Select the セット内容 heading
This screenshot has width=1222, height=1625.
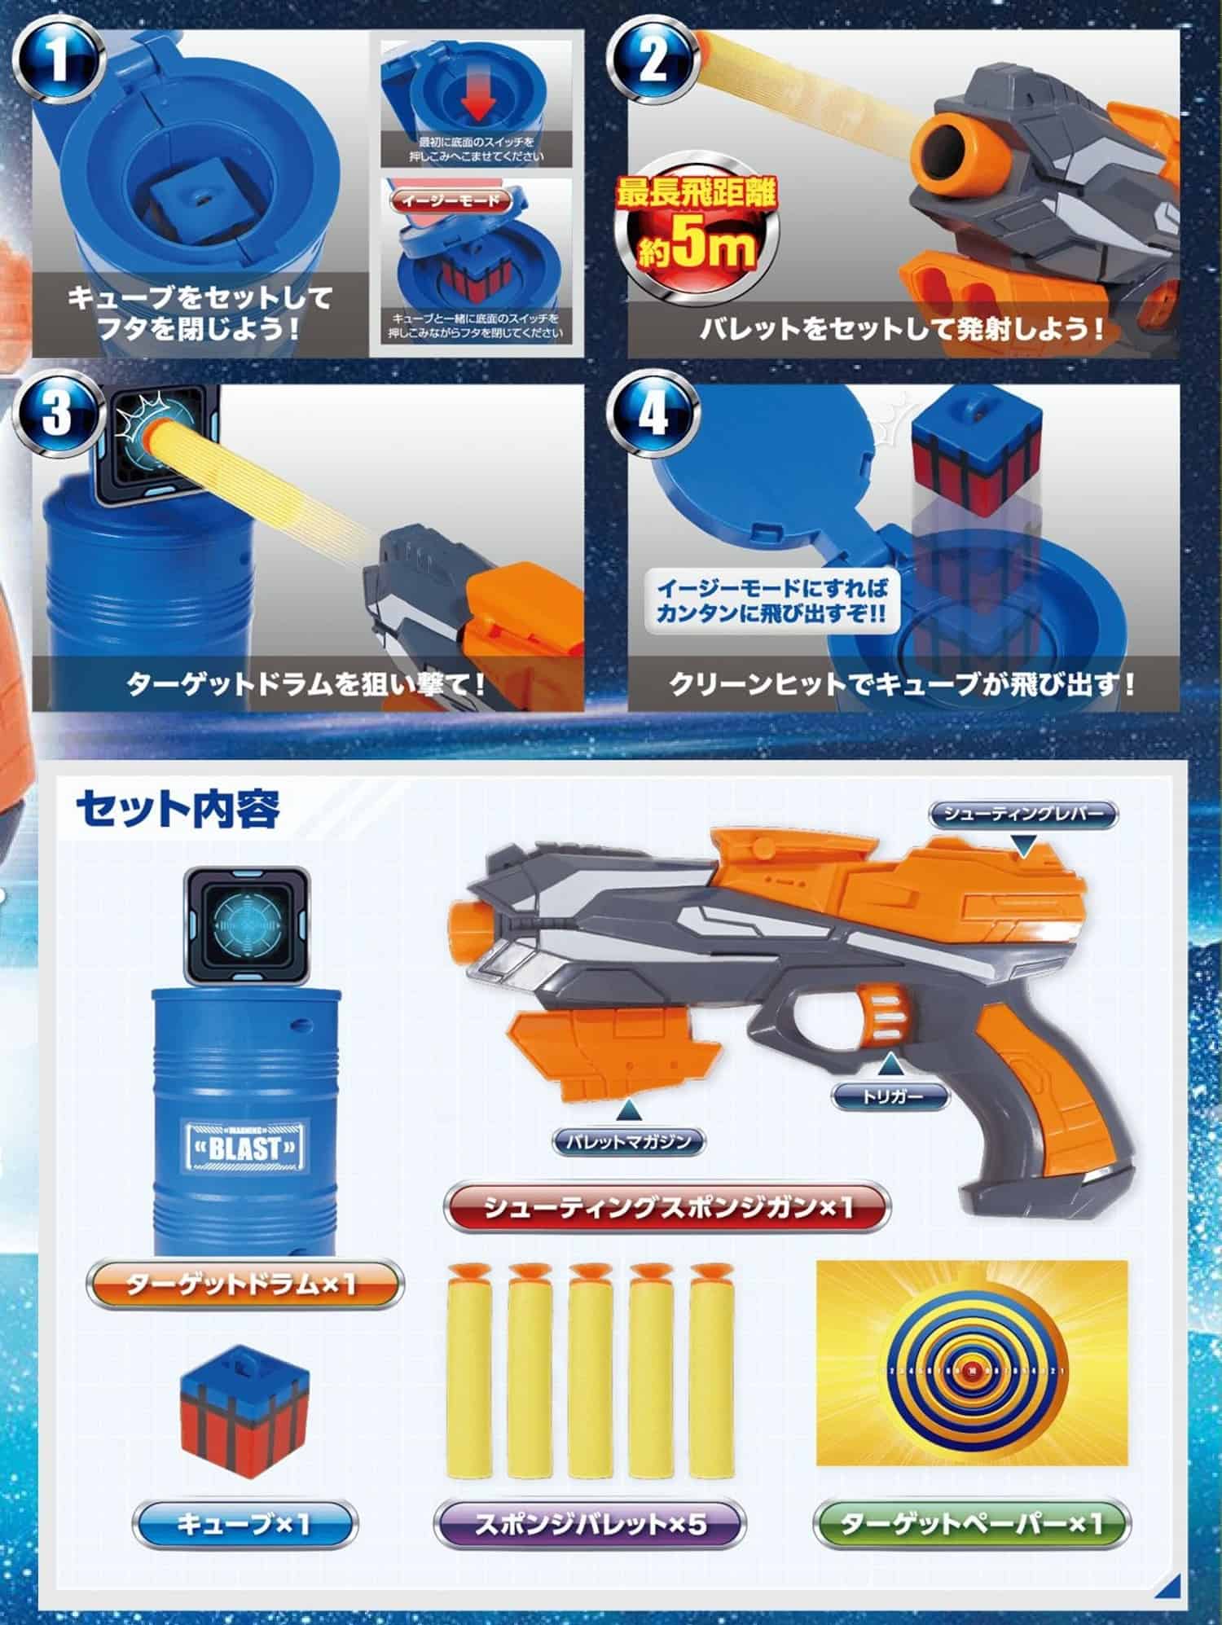tap(178, 809)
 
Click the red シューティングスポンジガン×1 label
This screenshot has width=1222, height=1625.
tap(666, 1207)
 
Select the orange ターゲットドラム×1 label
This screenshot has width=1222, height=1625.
tap(243, 1285)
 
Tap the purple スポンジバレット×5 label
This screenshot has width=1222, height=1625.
tap(589, 1522)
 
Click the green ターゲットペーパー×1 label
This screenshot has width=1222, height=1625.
tap(972, 1522)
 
